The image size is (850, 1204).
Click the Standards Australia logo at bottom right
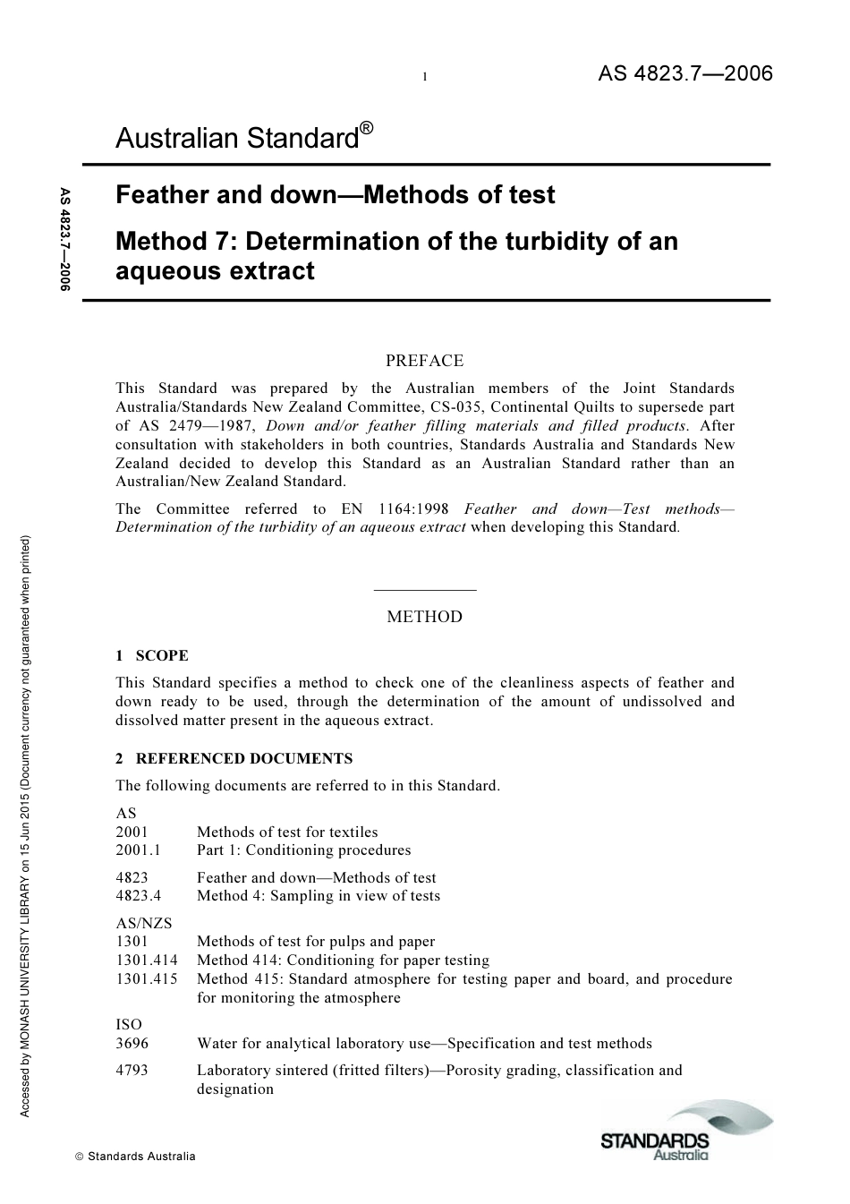685,1131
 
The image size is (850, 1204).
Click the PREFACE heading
424,361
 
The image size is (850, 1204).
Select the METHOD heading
424,617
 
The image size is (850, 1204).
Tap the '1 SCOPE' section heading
152,655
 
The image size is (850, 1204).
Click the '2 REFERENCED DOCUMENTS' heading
234,758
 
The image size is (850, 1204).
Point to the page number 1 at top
425,77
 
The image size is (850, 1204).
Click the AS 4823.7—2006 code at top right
684,73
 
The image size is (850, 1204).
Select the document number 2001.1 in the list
138,850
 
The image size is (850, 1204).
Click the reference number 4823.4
138,896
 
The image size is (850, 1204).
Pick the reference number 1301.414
147,961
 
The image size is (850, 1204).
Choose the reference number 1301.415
147,979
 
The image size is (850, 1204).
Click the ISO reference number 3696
132,1044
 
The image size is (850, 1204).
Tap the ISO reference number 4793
132,1071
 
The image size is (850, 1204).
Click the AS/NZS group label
144,923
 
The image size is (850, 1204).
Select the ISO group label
129,1024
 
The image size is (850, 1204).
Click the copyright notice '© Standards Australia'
135,1157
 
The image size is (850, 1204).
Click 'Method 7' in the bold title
175,242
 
